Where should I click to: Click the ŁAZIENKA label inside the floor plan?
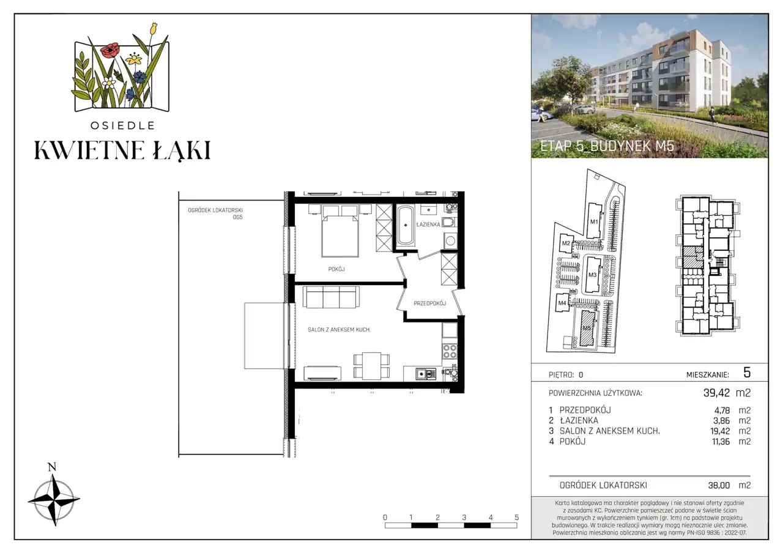click(x=428, y=224)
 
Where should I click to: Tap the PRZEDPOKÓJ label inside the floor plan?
click(x=429, y=303)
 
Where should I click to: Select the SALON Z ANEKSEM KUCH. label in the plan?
click(x=339, y=330)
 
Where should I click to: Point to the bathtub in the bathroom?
click(x=406, y=225)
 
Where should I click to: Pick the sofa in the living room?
click(x=331, y=297)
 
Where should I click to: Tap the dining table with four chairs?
click(x=371, y=366)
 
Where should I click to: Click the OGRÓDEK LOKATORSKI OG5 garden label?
click(x=215, y=213)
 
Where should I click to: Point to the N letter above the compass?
click(x=52, y=467)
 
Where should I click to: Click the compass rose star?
click(x=54, y=500)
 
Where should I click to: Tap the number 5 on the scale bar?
click(x=517, y=518)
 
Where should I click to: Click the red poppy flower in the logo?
click(x=110, y=51)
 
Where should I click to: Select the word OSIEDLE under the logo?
click(x=122, y=125)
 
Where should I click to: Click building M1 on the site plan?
click(x=594, y=221)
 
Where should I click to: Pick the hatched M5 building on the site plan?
click(x=588, y=328)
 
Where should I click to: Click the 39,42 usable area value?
click(x=716, y=393)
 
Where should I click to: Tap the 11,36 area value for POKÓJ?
click(x=721, y=442)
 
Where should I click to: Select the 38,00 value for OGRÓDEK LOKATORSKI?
click(x=719, y=485)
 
